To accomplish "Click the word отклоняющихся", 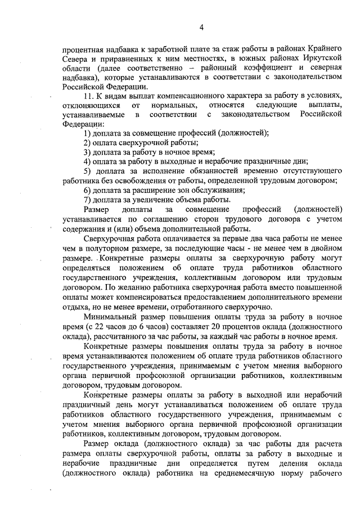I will click(x=92, y=105).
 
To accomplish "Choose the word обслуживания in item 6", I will click(x=189, y=190).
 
